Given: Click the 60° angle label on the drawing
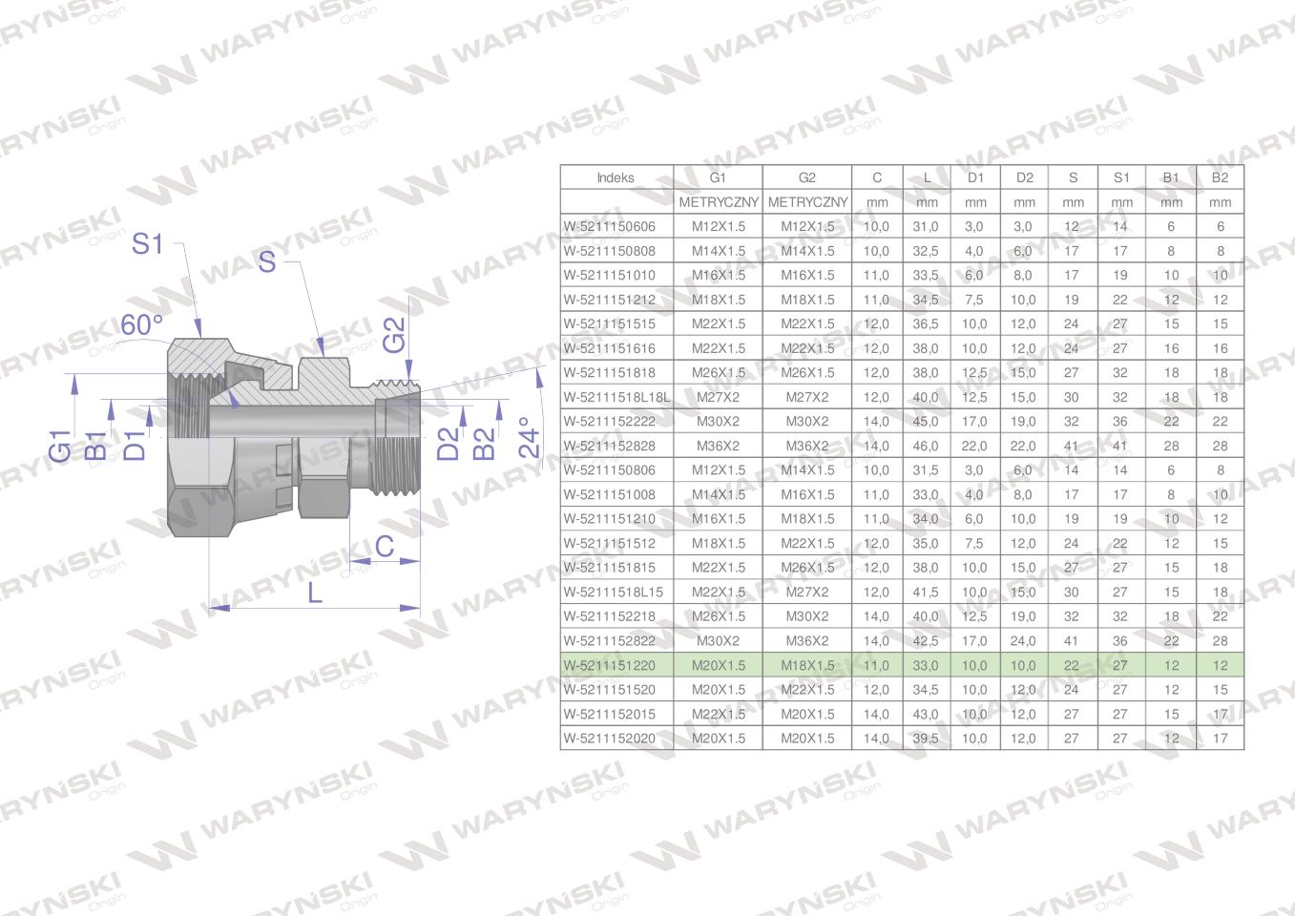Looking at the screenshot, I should [x=141, y=325].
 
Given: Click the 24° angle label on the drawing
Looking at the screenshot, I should [x=528, y=438].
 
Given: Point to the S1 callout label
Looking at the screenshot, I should [x=147, y=244].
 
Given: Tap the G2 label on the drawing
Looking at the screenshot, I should [x=394, y=335].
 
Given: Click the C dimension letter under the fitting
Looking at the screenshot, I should [x=384, y=546].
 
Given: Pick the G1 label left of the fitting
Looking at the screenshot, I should [x=59, y=446].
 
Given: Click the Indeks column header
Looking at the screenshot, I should [x=616, y=177].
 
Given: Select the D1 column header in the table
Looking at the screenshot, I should [x=975, y=177].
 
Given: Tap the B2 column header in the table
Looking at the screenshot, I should [x=1220, y=177].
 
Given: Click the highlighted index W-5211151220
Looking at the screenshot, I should [x=609, y=665].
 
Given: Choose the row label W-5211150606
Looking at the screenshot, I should [x=609, y=227].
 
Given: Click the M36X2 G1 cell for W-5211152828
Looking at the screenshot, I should [x=718, y=446].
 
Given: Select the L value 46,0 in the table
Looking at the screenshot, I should [x=925, y=446].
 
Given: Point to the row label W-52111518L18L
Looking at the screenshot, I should [x=616, y=397].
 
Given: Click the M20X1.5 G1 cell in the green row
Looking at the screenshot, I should [x=718, y=665].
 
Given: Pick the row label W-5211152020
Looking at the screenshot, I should [x=609, y=739].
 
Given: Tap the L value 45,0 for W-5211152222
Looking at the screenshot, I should [x=925, y=422].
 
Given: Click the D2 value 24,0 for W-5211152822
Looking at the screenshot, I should [x=1023, y=641].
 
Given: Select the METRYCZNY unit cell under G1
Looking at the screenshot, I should [x=718, y=202].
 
